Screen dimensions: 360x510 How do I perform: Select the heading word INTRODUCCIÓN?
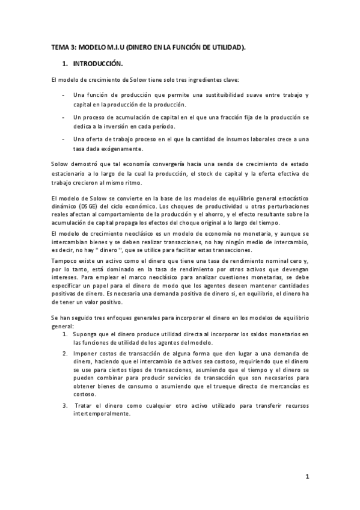(98, 63)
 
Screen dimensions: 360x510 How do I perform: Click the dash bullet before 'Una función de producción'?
(64, 96)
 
